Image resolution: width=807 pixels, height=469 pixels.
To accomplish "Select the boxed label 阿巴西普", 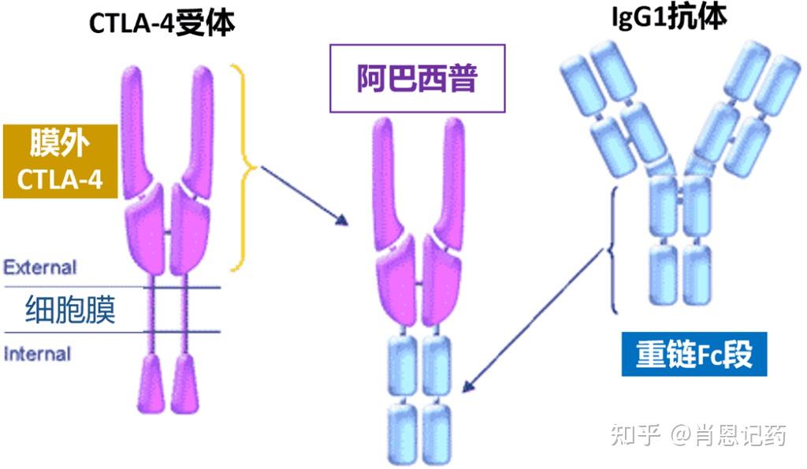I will point(417,78).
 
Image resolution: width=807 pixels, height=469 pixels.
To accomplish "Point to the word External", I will point(40,267).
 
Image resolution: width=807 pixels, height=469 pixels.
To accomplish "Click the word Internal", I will point(38,354).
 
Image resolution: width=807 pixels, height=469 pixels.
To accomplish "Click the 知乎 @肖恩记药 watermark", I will point(700,434).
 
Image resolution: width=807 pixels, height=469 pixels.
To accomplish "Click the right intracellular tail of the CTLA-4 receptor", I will point(186,383).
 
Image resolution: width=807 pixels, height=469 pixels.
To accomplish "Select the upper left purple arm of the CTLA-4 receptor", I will point(139,130).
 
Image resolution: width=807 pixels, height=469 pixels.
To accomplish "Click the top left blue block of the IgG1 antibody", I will point(580,80).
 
